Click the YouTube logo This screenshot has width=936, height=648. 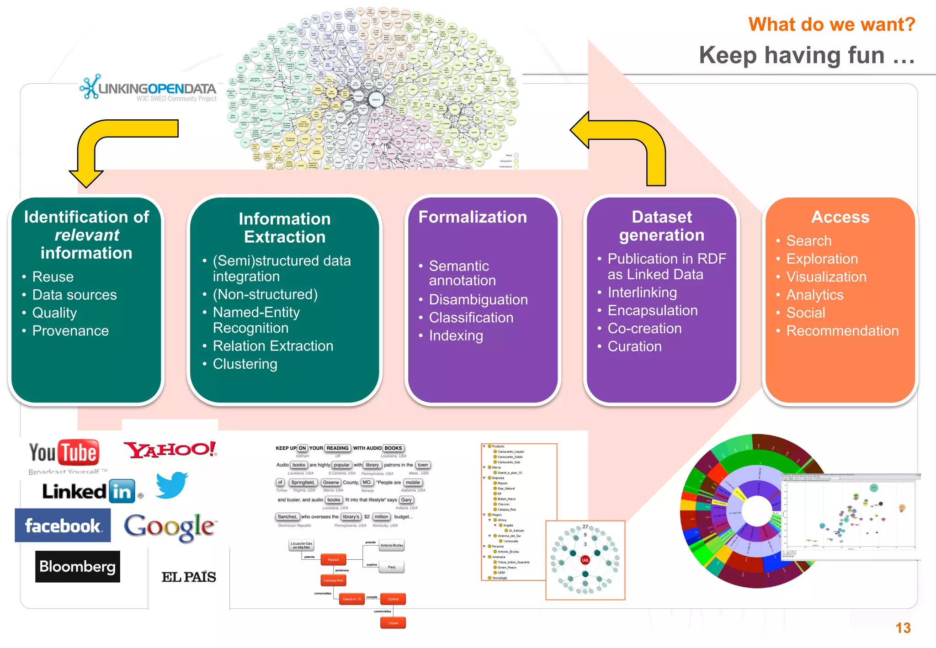pyautogui.click(x=64, y=453)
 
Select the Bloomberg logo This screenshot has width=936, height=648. pyautogui.click(x=78, y=567)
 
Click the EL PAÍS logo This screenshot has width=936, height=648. pyautogui.click(x=189, y=577)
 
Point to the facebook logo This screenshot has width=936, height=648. pyautogui.click(x=63, y=526)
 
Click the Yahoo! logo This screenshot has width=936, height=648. pyautogui.click(x=170, y=450)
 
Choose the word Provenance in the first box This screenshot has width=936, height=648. pyautogui.click(x=70, y=331)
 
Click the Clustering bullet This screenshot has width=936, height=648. pyautogui.click(x=245, y=364)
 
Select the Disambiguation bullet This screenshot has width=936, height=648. pyautogui.click(x=478, y=300)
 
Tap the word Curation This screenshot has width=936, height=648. pyautogui.click(x=634, y=347)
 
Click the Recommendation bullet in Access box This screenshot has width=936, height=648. pyautogui.click(x=842, y=331)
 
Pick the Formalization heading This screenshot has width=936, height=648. pyautogui.click(x=473, y=217)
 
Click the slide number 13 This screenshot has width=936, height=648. pyautogui.click(x=903, y=628)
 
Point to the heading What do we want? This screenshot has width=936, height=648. pyautogui.click(x=831, y=24)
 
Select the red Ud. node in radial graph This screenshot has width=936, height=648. pyautogui.click(x=585, y=560)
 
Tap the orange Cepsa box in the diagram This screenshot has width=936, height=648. pyautogui.click(x=393, y=623)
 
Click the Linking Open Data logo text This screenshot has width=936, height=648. pyautogui.click(x=157, y=89)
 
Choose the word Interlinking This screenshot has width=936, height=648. pyautogui.click(x=642, y=292)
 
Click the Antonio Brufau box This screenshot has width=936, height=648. pyautogui.click(x=392, y=545)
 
